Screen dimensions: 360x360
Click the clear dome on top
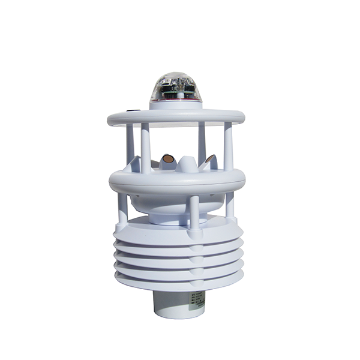(x=175, y=84)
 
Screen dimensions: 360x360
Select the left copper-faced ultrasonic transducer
(x=167, y=160)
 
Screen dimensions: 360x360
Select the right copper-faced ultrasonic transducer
(x=209, y=160)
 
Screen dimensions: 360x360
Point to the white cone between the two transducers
(x=187, y=163)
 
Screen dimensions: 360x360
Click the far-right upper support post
(x=229, y=147)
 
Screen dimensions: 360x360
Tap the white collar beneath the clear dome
(x=175, y=106)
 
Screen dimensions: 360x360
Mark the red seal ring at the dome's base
(x=175, y=101)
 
